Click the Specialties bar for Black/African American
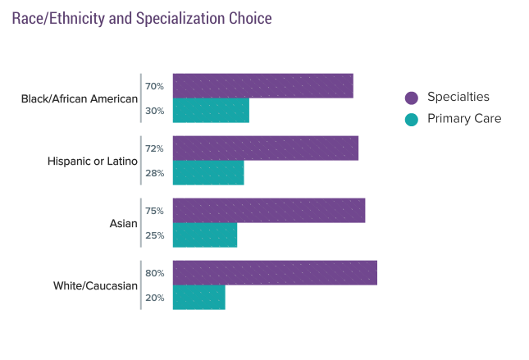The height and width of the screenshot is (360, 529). (262, 86)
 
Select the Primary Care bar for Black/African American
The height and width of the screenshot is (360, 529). (211, 111)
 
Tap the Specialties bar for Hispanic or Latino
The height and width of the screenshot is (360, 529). (266, 148)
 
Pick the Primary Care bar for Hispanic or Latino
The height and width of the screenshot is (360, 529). (208, 173)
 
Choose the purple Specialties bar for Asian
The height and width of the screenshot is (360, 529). (269, 211)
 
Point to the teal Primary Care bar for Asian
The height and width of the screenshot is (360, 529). (205, 235)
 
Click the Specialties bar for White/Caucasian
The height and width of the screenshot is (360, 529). (275, 273)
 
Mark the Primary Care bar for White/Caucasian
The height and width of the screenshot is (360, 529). (198, 298)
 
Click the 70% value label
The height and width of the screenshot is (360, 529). (154, 86)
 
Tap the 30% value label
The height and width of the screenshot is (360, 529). (154, 111)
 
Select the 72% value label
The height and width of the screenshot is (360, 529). (154, 148)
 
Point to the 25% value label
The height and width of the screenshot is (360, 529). (154, 235)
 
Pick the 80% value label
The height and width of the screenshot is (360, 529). (154, 273)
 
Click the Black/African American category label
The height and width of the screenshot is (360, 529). (80, 98)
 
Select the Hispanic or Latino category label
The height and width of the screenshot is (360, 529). (93, 161)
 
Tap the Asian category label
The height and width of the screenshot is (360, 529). (124, 223)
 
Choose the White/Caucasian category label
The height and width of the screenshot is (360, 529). (96, 285)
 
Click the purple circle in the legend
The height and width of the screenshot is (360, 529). (412, 98)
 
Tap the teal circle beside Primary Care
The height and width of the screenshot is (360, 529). (412, 120)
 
